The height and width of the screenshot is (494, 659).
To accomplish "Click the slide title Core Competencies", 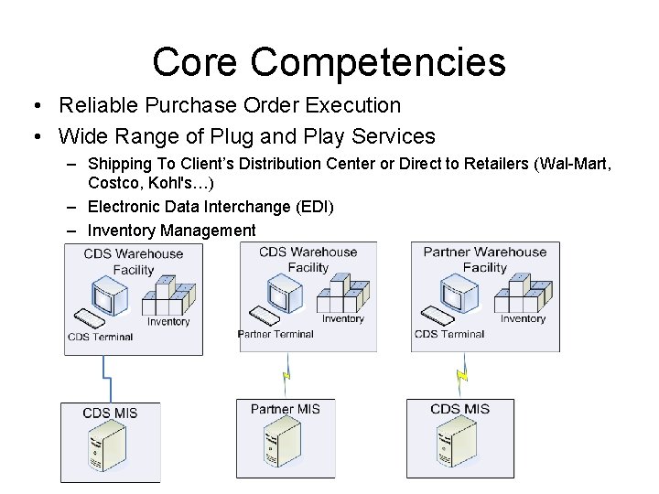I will (329, 61).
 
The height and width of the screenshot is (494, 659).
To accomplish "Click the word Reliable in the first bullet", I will (95, 105).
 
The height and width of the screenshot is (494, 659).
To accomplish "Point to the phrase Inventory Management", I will (172, 231).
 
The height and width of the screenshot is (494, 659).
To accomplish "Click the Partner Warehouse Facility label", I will (484, 260).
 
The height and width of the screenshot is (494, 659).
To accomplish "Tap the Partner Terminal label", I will (275, 334).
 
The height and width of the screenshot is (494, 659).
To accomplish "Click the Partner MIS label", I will (286, 409).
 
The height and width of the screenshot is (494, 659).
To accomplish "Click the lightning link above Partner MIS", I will (286, 375).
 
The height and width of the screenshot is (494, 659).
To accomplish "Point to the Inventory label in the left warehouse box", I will (168, 321).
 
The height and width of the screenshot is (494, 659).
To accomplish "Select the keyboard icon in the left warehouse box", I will (91, 319).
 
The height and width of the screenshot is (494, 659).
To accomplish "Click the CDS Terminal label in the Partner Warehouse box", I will (449, 334).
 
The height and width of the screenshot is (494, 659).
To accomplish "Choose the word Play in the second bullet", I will (334, 136).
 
